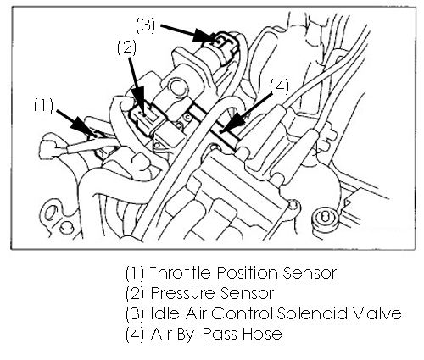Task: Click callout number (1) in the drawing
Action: tap(44, 106)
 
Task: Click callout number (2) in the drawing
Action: tap(127, 47)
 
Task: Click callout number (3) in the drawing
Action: tap(146, 25)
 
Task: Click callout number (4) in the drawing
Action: tap(280, 86)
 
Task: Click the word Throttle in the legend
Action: tap(180, 273)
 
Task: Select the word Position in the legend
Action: tap(248, 273)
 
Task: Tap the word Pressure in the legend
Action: tap(184, 293)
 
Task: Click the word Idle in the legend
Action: tap(165, 313)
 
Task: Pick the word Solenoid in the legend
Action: tap(312, 313)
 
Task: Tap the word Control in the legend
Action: tap(243, 313)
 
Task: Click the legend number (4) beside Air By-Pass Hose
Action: tap(135, 334)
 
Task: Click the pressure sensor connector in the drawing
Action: tap(147, 120)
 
